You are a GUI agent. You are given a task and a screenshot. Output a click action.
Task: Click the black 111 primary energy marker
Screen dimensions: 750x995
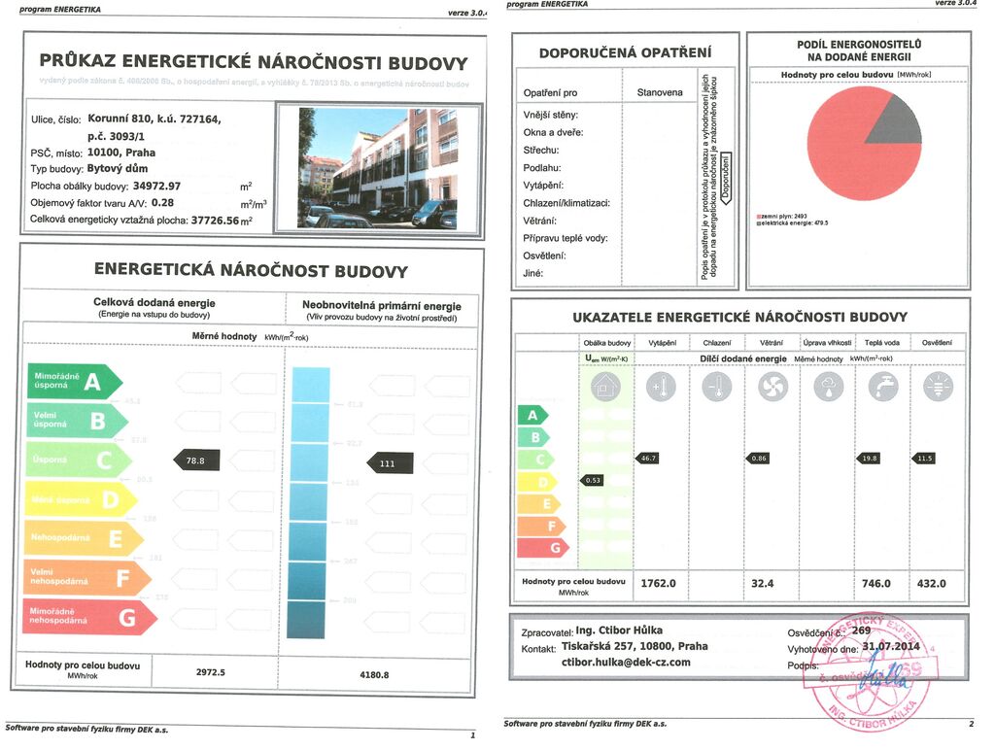(x=389, y=463)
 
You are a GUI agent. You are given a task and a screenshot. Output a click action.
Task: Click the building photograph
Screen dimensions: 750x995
(x=378, y=167)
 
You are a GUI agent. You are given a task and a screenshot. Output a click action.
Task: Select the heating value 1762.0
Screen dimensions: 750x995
(x=659, y=583)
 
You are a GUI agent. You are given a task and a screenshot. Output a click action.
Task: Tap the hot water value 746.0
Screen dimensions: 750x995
(x=875, y=583)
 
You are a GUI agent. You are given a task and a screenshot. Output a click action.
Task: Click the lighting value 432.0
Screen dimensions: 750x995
(x=932, y=583)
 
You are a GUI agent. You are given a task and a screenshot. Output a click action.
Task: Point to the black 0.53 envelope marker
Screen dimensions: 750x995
(x=592, y=480)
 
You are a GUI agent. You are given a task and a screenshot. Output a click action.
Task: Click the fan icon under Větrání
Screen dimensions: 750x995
(x=772, y=388)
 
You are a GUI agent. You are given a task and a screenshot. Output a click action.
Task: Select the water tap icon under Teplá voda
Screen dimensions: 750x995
(x=883, y=388)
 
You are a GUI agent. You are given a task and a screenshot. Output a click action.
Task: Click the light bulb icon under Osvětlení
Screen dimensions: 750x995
(x=938, y=388)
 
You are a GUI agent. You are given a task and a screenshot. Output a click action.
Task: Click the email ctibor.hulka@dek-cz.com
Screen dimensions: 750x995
(x=626, y=663)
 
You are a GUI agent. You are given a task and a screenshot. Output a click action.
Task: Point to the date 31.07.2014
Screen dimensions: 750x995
(x=891, y=646)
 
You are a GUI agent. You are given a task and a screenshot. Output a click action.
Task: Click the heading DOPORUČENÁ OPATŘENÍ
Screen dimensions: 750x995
(x=625, y=52)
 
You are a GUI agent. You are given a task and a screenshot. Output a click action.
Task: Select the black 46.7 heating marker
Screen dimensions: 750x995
(x=647, y=458)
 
